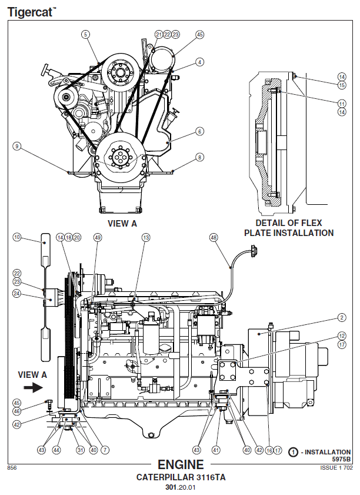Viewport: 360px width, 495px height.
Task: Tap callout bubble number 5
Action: [x=86, y=35]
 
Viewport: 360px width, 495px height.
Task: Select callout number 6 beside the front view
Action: [x=200, y=131]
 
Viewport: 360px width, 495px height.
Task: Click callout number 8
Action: [x=200, y=157]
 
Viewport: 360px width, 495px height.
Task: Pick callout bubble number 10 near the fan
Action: [x=17, y=237]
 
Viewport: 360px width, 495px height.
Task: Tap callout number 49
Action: [x=98, y=237]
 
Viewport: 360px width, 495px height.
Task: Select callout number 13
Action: [x=146, y=237]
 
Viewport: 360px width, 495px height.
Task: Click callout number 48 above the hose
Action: [x=213, y=237]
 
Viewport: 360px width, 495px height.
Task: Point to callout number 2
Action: [x=341, y=318]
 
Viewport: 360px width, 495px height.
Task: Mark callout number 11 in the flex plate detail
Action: [x=342, y=103]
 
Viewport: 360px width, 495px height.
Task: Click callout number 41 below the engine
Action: [x=216, y=450]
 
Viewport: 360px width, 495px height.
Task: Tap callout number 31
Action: [x=81, y=450]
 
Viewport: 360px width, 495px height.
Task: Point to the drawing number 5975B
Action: [x=341, y=459]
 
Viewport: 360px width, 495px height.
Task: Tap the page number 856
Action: [x=11, y=468]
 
